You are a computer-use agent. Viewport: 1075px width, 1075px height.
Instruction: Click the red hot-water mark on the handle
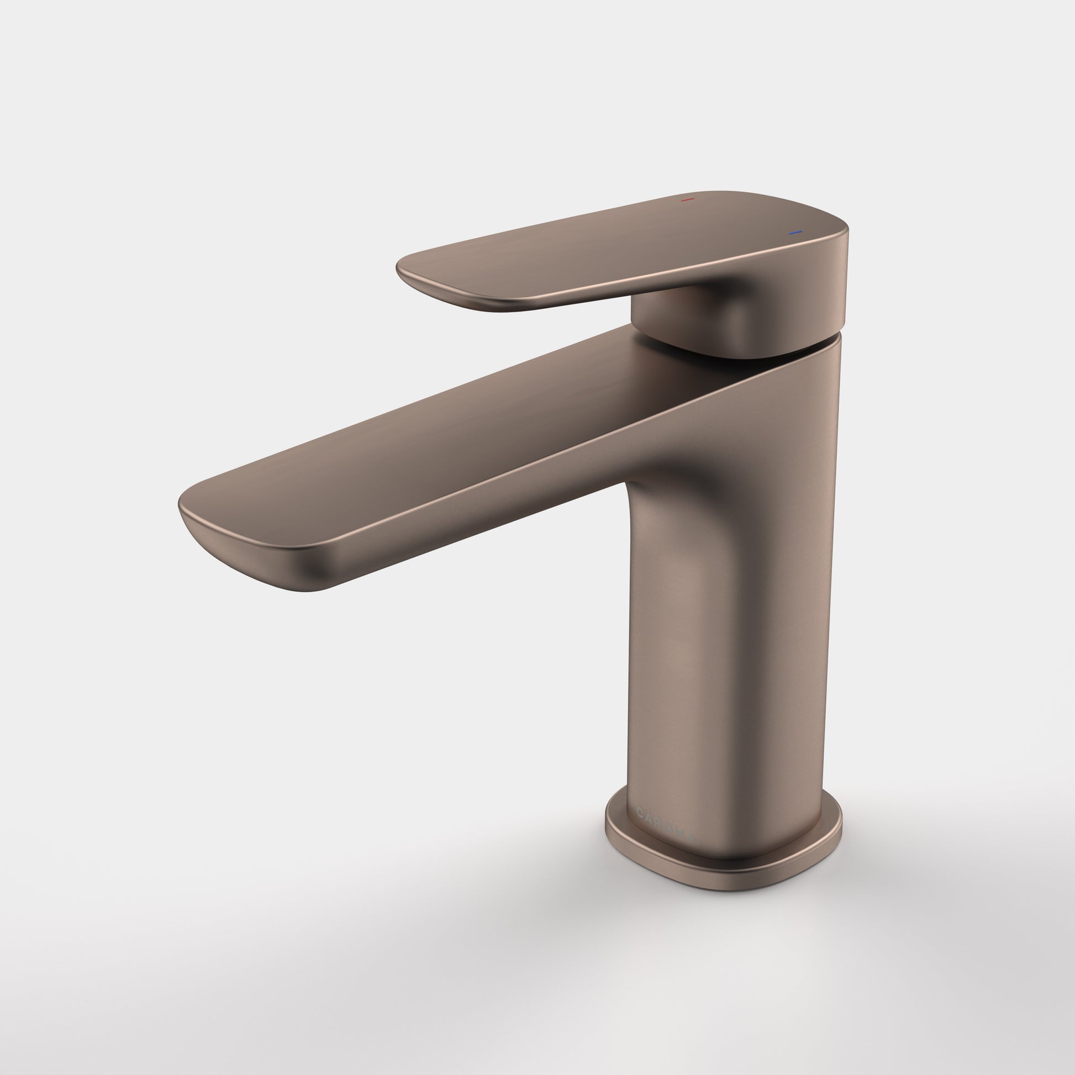click(688, 199)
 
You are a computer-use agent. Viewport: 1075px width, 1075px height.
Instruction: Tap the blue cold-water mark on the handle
click(795, 232)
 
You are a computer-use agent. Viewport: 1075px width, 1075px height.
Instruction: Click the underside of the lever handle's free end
click(445, 295)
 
